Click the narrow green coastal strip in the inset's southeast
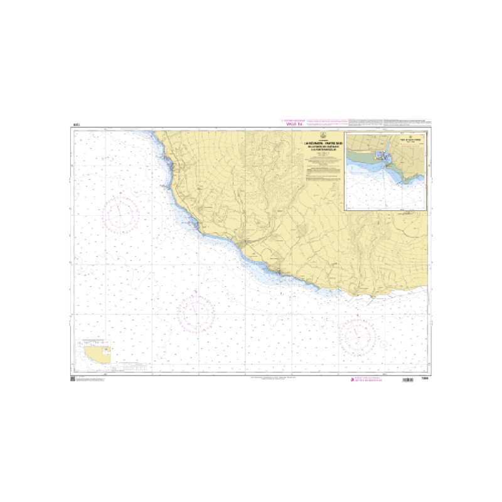[x=414, y=179]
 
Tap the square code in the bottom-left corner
[x=72, y=379]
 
